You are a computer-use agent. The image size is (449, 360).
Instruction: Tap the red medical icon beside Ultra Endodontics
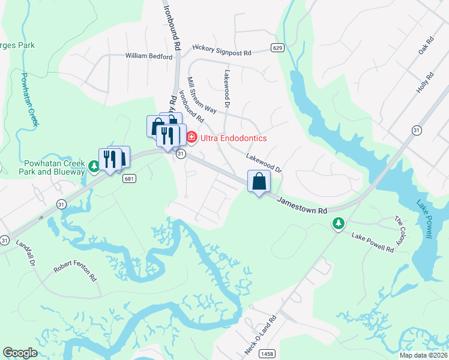pyautogui.click(x=191, y=138)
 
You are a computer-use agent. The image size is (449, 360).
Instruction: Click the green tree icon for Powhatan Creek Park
pyautogui.click(x=94, y=166)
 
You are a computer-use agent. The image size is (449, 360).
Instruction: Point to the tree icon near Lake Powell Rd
pyautogui.click(x=339, y=224)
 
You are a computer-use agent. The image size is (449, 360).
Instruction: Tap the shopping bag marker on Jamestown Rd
pyautogui.click(x=259, y=182)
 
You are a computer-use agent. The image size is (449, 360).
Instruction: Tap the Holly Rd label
pyautogui.click(x=424, y=83)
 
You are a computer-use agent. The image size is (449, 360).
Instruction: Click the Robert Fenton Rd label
pyautogui.click(x=75, y=274)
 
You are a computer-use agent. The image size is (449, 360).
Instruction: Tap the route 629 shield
pyautogui.click(x=277, y=48)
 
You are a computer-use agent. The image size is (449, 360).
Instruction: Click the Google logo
pyautogui.click(x=20, y=353)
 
